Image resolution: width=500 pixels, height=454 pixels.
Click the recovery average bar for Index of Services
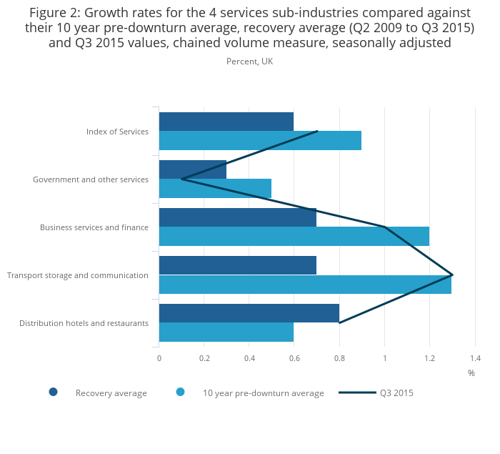[x=226, y=122]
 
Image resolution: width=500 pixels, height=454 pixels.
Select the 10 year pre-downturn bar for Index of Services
[x=260, y=141]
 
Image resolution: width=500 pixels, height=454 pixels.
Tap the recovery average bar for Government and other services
[x=192, y=169]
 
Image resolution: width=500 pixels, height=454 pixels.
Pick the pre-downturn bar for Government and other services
[x=215, y=189]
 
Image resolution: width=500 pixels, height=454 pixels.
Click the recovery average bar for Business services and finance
[x=237, y=217]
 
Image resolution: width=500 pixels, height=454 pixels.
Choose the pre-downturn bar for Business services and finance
[x=294, y=237]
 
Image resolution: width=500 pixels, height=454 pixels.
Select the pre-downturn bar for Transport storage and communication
[x=305, y=285]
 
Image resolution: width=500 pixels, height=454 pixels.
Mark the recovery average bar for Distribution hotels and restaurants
[x=249, y=313]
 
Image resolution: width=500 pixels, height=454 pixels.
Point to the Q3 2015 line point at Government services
[x=181, y=179]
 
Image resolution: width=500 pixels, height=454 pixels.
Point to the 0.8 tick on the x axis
[x=339, y=358]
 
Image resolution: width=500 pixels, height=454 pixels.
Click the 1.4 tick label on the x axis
[x=475, y=358]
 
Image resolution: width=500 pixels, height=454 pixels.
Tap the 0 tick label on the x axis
[x=159, y=358]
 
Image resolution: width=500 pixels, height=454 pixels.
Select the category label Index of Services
[x=117, y=132]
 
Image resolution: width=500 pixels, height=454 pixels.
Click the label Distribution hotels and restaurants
[x=84, y=323]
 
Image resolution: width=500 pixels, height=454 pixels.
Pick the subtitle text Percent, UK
[x=249, y=61]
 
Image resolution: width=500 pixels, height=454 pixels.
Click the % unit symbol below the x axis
[x=471, y=372]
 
